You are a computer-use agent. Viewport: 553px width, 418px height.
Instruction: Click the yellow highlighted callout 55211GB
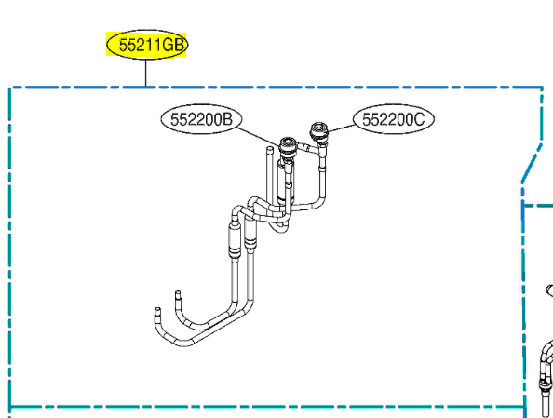click(147, 45)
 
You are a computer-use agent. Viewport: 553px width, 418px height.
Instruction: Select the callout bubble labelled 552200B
click(201, 119)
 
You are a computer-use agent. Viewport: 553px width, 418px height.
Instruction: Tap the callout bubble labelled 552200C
click(394, 119)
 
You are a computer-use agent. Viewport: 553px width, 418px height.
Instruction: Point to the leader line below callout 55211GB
click(145, 73)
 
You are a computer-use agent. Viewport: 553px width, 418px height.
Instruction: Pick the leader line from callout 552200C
click(342, 128)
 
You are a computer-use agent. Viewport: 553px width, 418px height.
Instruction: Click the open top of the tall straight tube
click(270, 150)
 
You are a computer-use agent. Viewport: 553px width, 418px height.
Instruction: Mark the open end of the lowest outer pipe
click(157, 310)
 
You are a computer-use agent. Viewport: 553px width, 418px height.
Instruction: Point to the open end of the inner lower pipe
click(178, 292)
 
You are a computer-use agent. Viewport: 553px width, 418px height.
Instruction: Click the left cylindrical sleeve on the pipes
click(235, 240)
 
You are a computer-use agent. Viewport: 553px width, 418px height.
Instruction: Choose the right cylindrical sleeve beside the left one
click(250, 235)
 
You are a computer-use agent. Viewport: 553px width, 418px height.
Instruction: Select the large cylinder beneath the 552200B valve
click(284, 182)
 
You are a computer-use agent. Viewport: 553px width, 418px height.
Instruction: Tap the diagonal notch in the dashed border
click(532, 163)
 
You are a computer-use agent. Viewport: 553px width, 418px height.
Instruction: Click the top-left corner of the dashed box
click(10, 88)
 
